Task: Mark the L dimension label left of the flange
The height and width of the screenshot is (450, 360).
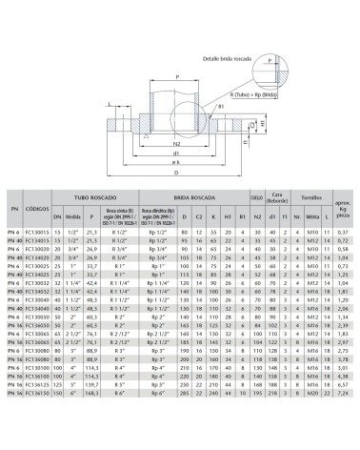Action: (x=110, y=105)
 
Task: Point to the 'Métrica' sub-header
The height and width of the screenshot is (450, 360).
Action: (x=313, y=217)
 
